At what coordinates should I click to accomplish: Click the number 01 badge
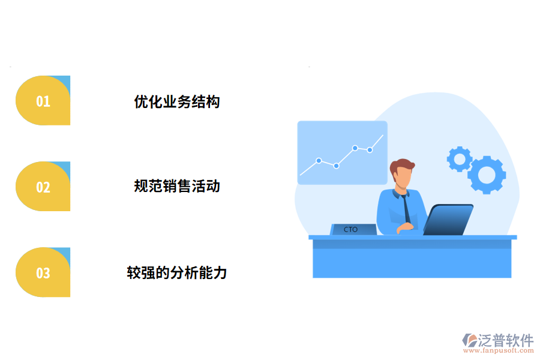[43, 101]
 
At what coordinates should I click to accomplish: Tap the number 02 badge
[43, 187]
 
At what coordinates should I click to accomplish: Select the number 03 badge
[43, 273]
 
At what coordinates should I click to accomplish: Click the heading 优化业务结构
[177, 101]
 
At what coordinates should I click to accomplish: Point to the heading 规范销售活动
[177, 187]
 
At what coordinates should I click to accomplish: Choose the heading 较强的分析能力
[177, 273]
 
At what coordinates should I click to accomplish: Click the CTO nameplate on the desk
[353, 229]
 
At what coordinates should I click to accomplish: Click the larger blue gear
[487, 175]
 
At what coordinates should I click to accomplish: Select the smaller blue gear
[460, 159]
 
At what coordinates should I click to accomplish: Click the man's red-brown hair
[401, 166]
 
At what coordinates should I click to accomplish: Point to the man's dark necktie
[407, 209]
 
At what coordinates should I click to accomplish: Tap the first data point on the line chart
[319, 161]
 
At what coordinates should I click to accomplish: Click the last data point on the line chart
[370, 149]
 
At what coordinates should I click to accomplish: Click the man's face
[404, 178]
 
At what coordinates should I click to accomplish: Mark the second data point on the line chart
[337, 166]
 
